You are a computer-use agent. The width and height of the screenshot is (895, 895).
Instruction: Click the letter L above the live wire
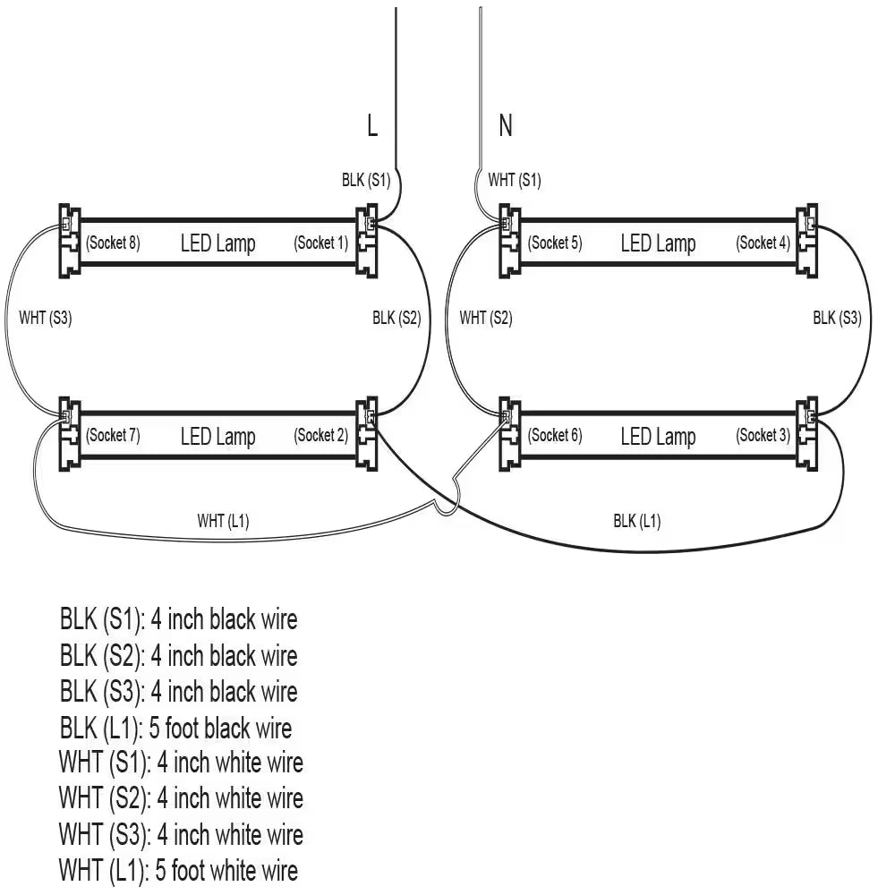coord(372,126)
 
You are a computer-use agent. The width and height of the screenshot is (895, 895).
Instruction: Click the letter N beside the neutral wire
coord(506,126)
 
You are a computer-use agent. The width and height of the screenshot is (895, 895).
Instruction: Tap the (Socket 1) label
coord(321,243)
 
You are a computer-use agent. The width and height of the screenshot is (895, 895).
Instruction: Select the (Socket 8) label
coord(113,243)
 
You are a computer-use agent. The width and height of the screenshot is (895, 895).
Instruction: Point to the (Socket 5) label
coord(555,243)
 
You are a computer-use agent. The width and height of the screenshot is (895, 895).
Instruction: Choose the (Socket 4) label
coord(763,243)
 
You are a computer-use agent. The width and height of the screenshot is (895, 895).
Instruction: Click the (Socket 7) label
coord(113,436)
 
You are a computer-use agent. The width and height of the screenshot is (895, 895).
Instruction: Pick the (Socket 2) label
coord(321,436)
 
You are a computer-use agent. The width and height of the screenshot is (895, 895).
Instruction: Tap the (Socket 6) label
coord(555,436)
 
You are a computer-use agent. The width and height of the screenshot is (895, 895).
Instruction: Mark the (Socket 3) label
coord(763,436)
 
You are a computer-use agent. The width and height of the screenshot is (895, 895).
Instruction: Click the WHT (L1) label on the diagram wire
coord(223,521)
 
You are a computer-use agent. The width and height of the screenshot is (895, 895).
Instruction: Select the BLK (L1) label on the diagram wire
coord(637,521)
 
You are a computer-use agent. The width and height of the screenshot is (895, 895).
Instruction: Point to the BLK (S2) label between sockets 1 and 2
coord(396,318)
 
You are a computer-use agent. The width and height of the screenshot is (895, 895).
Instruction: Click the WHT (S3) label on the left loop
coord(45,318)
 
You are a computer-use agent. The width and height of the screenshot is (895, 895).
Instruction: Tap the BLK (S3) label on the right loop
coord(837,318)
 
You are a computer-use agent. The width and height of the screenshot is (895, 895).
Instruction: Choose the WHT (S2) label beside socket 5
coord(486,318)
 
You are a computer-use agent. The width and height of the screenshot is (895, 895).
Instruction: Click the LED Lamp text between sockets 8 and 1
coord(217,243)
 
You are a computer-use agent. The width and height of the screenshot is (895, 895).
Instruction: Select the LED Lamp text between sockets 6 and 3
coord(658,437)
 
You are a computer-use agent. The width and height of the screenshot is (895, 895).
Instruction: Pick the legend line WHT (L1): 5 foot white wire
coord(179,870)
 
